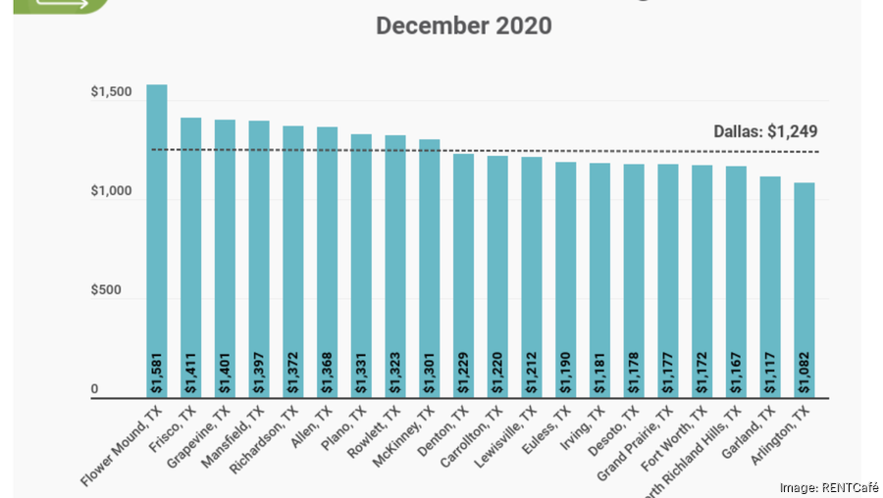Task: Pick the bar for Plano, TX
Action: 361,265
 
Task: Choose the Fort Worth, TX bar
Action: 701,280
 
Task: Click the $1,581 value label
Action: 157,373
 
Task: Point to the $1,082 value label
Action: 804,373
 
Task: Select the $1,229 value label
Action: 463,373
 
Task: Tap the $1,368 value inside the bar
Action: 328,373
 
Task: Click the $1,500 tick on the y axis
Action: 110,93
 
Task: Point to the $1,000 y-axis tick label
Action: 110,193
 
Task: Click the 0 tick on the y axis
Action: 95,391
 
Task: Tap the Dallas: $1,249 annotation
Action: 765,131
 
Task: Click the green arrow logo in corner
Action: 54,5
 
